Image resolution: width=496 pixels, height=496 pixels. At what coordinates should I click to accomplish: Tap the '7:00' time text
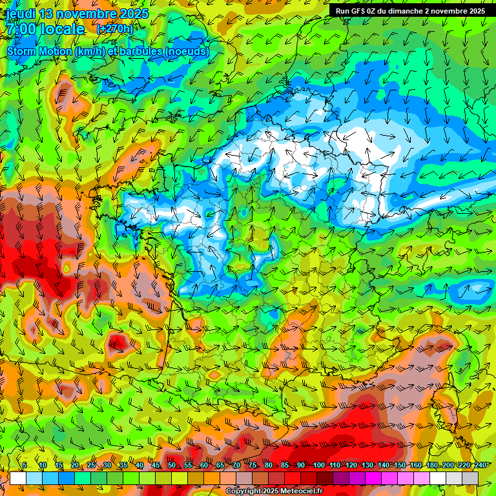point(21,29)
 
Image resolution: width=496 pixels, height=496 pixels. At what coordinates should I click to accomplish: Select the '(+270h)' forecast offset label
point(114,29)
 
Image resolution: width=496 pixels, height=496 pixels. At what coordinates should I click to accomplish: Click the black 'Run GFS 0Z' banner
point(411,11)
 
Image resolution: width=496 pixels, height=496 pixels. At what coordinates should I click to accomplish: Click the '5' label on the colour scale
point(25,466)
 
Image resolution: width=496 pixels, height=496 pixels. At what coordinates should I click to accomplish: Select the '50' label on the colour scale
point(171,466)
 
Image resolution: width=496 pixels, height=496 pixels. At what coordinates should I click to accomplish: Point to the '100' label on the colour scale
point(318,466)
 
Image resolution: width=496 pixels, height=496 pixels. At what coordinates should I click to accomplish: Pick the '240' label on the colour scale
point(480,466)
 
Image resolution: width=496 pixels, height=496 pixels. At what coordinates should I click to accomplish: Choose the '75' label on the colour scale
point(253,466)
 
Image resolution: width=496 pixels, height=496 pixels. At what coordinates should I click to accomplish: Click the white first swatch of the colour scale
point(18,478)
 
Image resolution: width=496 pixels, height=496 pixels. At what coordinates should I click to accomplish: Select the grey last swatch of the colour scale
point(470,478)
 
